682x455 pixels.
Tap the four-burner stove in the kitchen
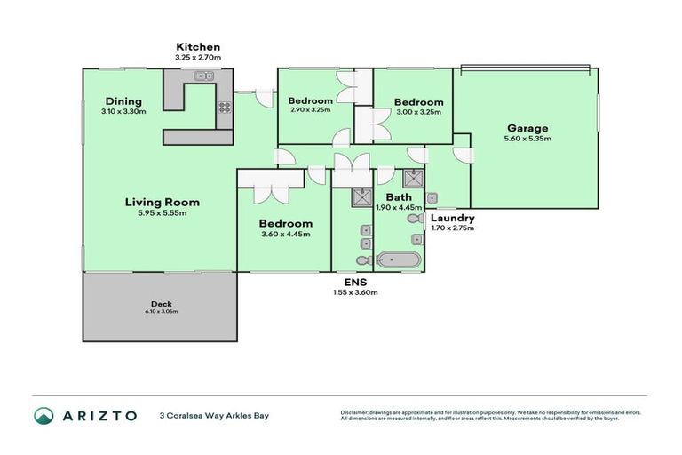tap(225, 108)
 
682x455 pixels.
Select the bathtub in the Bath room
tap(397, 260)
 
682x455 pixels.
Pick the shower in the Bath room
tap(412, 177)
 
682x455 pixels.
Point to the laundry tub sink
tap(432, 198)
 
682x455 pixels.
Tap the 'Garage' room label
tap(528, 127)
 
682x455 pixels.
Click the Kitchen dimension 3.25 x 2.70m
tap(197, 59)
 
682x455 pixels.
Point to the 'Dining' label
tap(123, 100)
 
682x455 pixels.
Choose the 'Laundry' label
tap(452, 218)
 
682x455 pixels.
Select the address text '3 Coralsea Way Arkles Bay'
tap(213, 415)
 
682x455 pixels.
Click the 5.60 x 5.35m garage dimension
tap(528, 139)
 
